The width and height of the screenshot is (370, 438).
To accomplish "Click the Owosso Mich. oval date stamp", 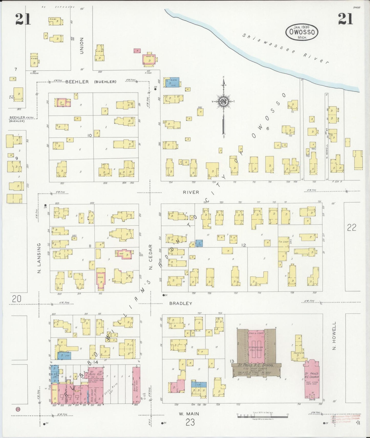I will [x=302, y=32].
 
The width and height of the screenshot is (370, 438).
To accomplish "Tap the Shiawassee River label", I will [x=286, y=49].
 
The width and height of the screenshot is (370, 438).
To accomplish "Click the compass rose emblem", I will [x=224, y=101].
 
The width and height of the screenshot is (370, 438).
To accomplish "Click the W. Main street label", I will [x=189, y=414].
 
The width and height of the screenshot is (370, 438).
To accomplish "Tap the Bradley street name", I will [x=181, y=303].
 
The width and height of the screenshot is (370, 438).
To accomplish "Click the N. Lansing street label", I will [x=39, y=258].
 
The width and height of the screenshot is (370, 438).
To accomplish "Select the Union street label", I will [x=82, y=46].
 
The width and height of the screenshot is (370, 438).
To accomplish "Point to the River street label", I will [x=191, y=192].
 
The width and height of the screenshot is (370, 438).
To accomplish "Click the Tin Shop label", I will [x=283, y=242].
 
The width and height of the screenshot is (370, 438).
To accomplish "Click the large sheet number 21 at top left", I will [x=23, y=19].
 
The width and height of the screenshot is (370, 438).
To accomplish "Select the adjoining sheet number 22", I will [x=352, y=227].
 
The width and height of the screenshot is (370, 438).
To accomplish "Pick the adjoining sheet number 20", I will [x=16, y=299].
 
